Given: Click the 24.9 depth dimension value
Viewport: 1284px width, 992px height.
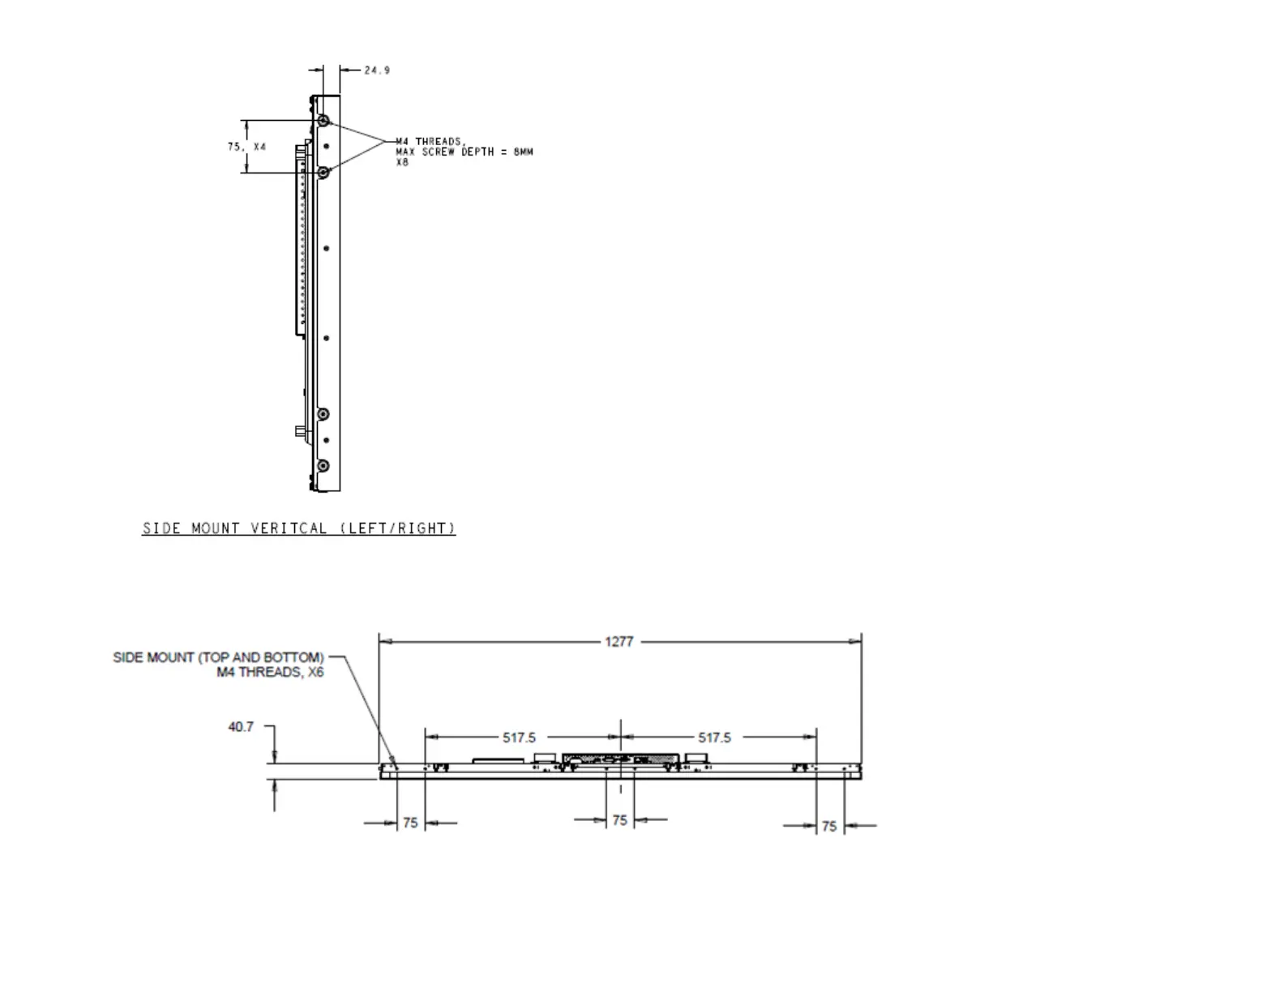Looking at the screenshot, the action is click(376, 71).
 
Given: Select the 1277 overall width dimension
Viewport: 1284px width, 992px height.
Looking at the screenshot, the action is click(618, 642).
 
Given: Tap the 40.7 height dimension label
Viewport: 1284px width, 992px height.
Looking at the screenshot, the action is click(241, 727).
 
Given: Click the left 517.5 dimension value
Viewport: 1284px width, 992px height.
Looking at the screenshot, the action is click(519, 738).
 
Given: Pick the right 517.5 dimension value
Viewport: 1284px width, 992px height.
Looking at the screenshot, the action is click(714, 738).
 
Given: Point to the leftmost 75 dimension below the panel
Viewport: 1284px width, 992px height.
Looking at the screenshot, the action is click(410, 823).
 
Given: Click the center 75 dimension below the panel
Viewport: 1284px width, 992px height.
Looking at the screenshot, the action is click(619, 820).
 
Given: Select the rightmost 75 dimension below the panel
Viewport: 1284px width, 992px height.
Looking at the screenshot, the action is click(829, 826).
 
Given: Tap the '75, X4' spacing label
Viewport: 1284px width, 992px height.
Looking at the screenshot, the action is click(247, 147).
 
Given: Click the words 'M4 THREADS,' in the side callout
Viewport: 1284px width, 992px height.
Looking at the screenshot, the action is click(430, 141).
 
